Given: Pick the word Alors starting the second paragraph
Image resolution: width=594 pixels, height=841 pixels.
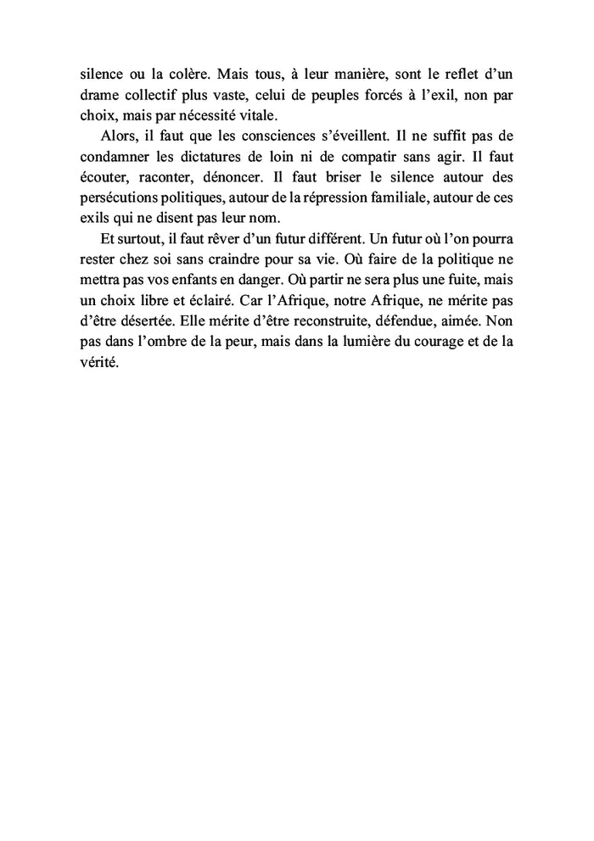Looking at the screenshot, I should coord(113,136).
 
